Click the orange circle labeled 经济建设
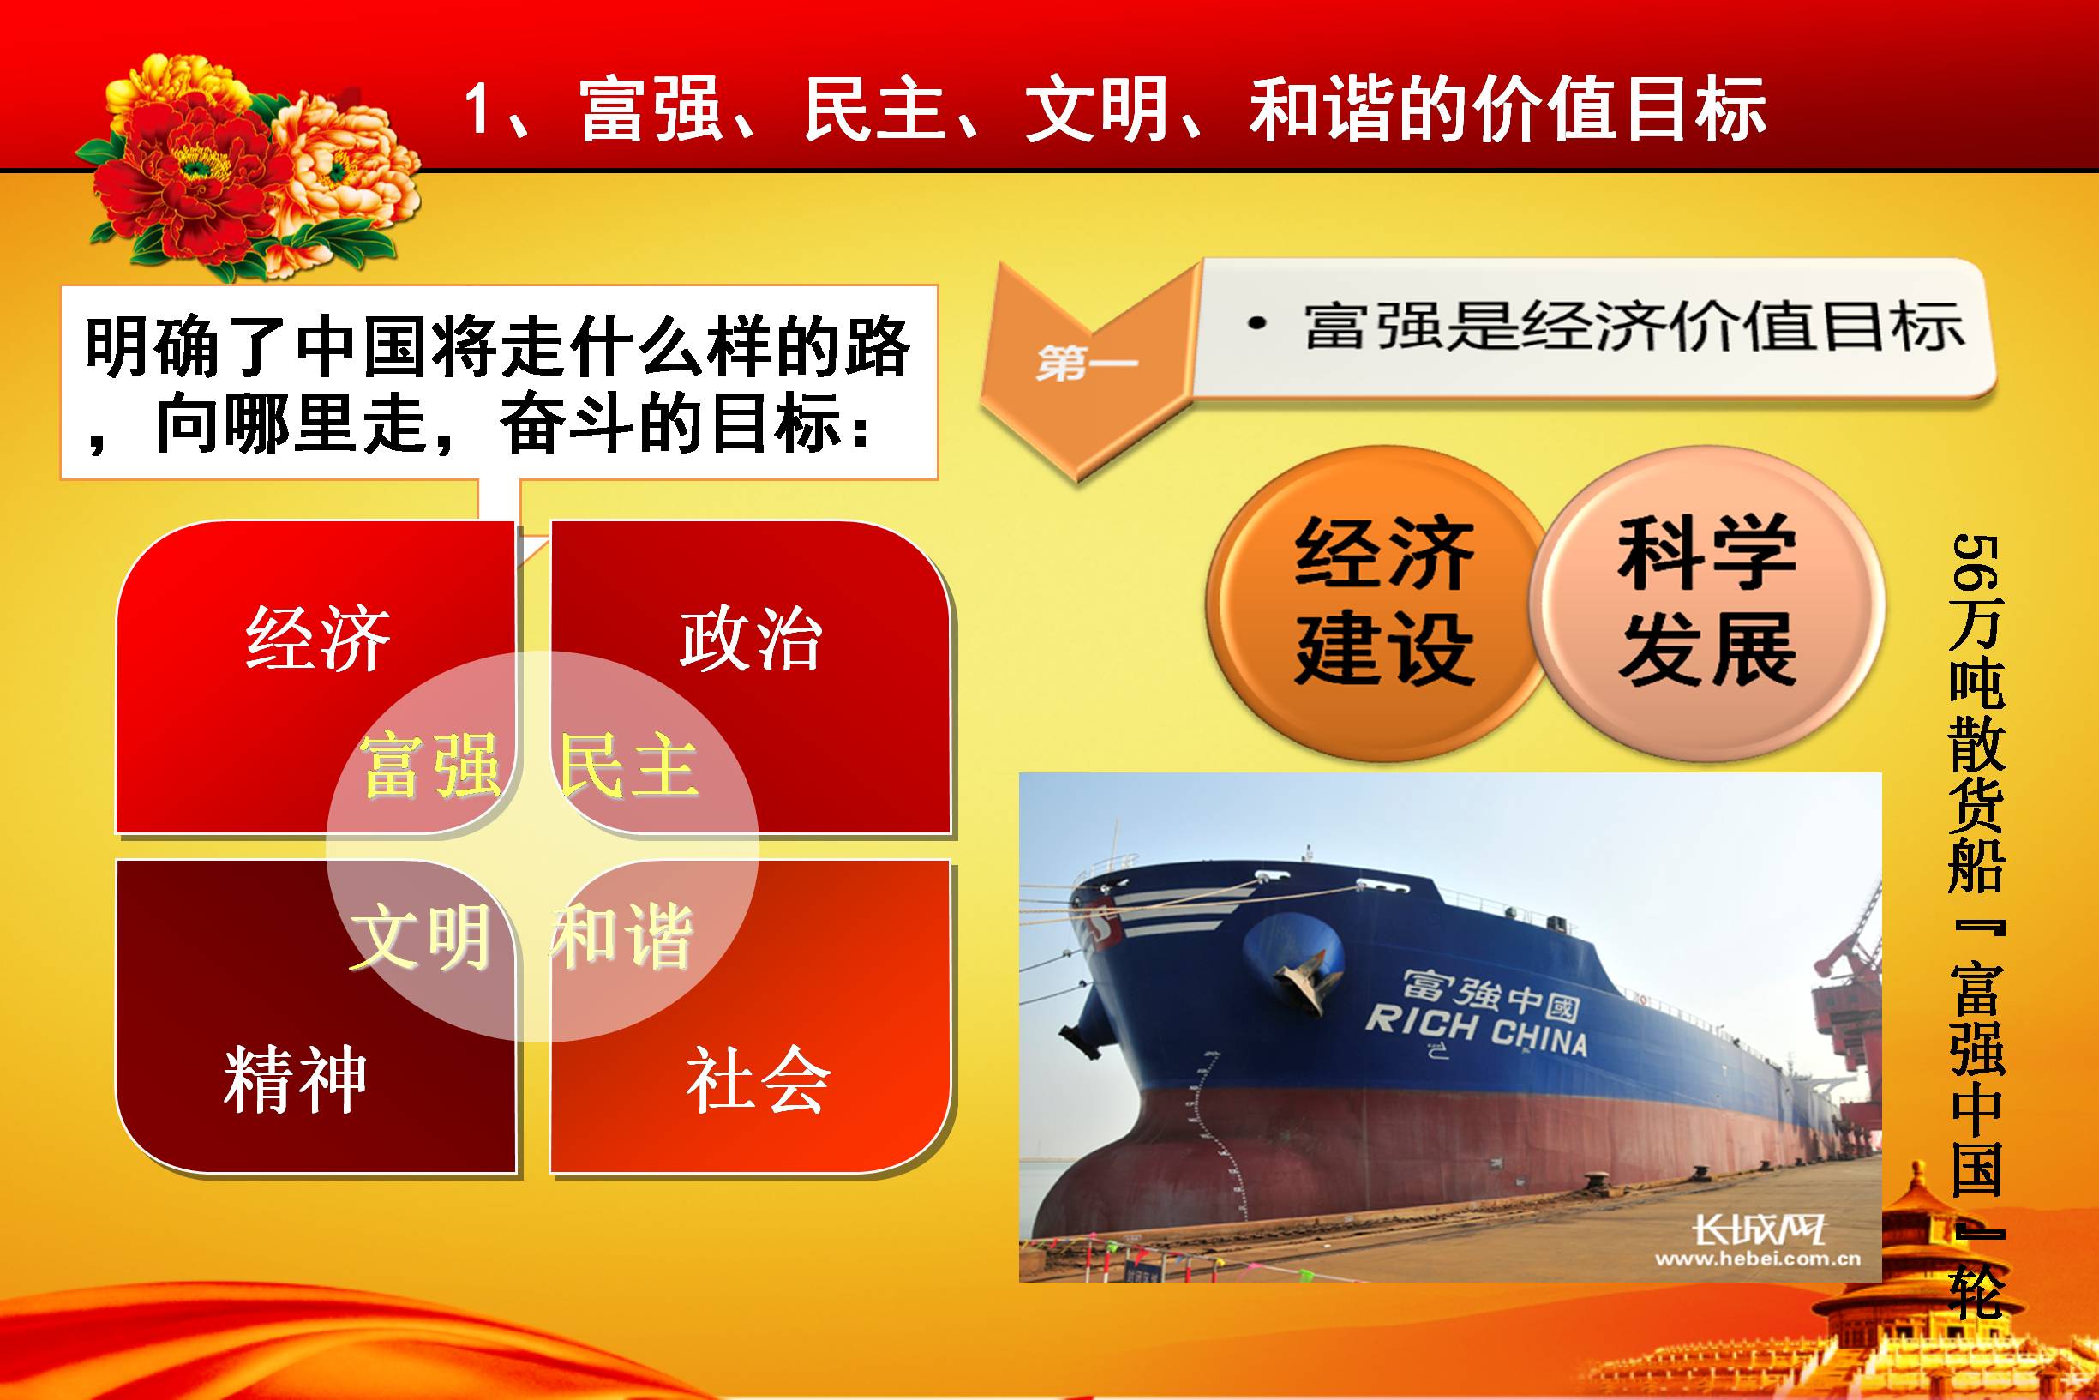1378,604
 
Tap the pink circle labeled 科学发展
1706,604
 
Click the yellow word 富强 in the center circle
430,766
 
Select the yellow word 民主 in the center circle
628,766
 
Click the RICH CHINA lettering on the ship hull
1476,1030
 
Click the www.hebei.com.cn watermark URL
1758,1259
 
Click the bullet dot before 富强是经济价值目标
1257,324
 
